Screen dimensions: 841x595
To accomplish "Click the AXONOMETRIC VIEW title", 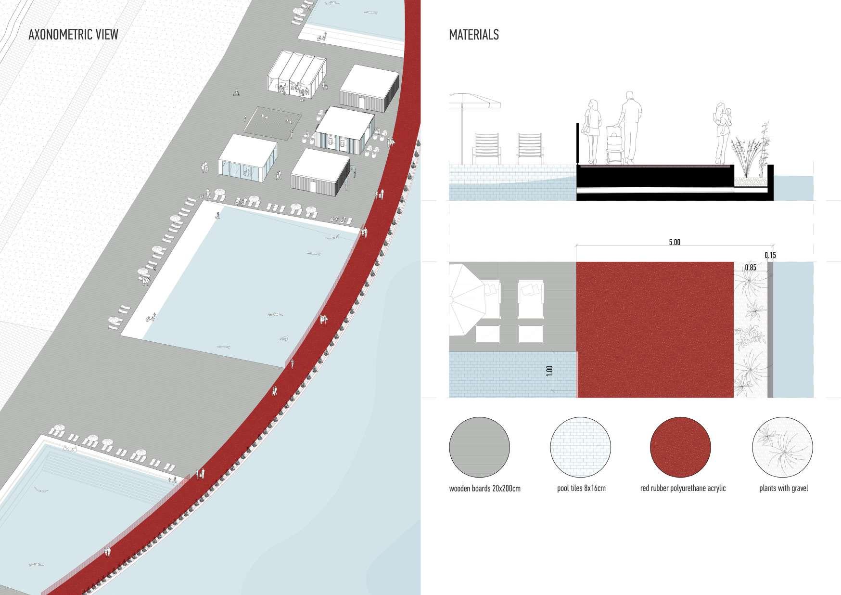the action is coord(73,35).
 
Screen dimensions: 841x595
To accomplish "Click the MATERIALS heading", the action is coord(473,35).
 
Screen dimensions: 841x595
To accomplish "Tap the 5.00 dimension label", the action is coord(675,242).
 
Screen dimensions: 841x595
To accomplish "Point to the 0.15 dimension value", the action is coord(770,255).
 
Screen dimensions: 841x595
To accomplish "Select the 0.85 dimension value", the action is coord(750,267).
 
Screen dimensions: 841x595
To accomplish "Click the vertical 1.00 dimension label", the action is coord(550,371).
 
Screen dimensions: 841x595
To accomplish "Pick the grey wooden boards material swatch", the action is coord(479,447).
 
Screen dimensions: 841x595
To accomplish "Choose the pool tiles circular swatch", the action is coord(580,447).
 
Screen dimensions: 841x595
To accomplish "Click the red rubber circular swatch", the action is coord(680,447).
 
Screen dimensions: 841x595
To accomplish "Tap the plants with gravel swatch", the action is coord(782,447).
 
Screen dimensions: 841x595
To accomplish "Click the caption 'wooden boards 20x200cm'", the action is coord(484,489).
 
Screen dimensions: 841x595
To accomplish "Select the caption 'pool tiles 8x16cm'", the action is coord(581,489).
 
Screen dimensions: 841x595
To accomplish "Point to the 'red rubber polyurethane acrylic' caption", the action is coord(683,489).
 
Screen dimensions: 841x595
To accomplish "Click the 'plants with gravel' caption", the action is coord(783,489).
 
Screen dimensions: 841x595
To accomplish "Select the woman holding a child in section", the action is coord(722,132).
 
